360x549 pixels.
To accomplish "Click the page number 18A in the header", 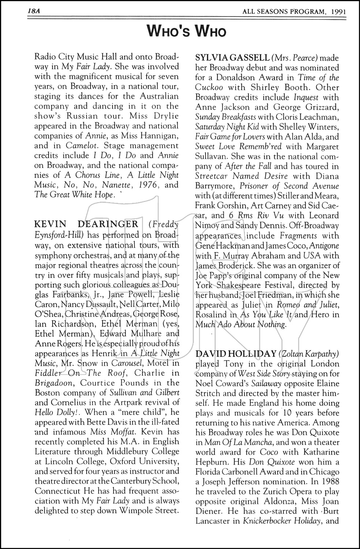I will (x=33, y=11).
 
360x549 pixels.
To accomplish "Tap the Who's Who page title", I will (x=187, y=31).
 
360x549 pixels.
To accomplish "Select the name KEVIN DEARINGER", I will (x=86, y=224).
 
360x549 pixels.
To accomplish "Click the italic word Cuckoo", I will (x=209, y=87).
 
